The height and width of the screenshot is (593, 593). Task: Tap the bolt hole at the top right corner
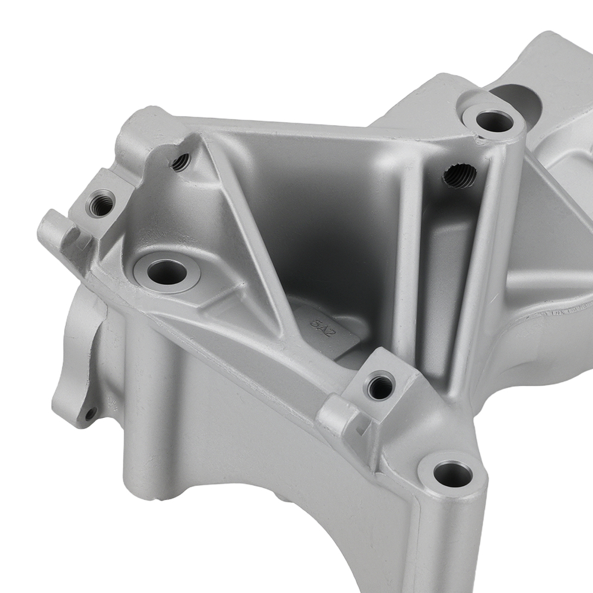(x=494, y=121)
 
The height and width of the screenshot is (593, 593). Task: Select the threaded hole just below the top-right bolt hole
(x=460, y=176)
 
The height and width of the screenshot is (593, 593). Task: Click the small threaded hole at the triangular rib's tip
(x=181, y=161)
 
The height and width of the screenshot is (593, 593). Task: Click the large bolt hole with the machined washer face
(x=167, y=272)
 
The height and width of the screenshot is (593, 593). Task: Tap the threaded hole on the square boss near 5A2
(x=380, y=387)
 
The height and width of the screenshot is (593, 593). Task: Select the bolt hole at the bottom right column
(x=453, y=473)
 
